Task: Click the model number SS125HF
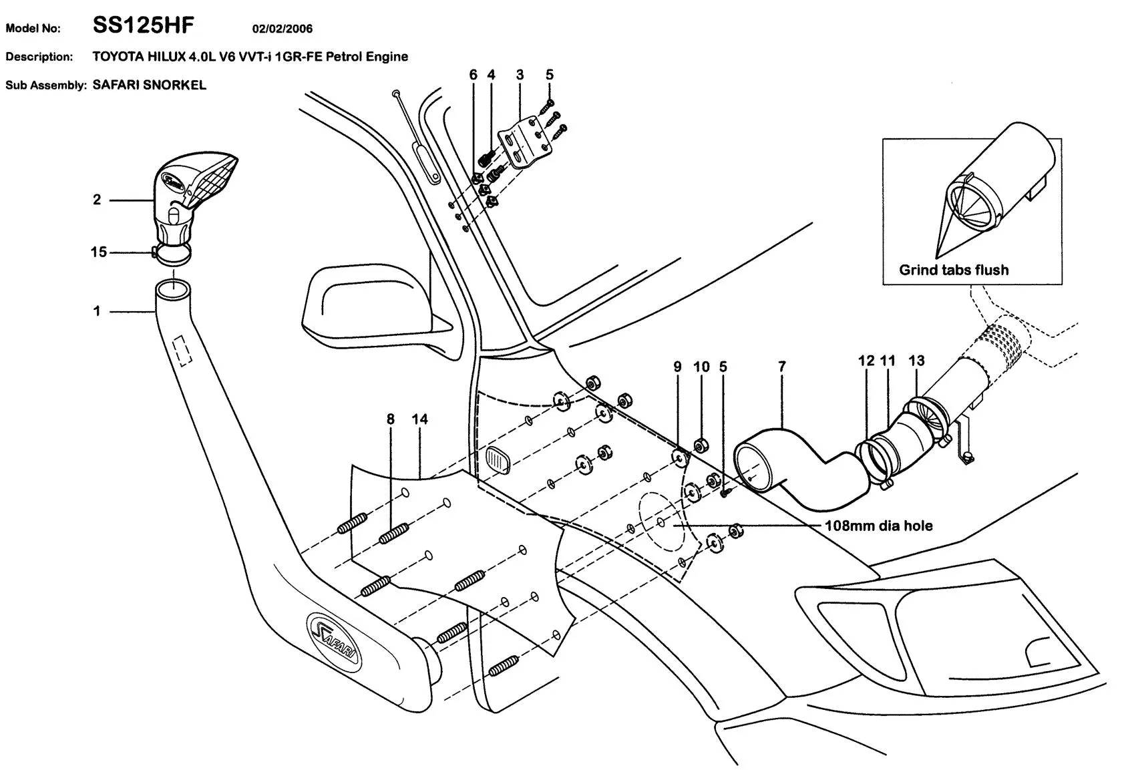pyautogui.click(x=143, y=26)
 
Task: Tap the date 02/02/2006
pyautogui.click(x=282, y=29)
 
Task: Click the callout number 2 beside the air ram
pyautogui.click(x=97, y=200)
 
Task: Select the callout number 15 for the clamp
pyautogui.click(x=98, y=252)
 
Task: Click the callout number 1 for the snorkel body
pyautogui.click(x=97, y=311)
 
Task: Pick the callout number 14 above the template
pyautogui.click(x=419, y=419)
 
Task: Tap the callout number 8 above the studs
pyautogui.click(x=391, y=419)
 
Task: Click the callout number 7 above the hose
pyautogui.click(x=782, y=367)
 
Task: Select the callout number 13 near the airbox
pyautogui.click(x=916, y=361)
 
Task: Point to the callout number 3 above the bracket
pyautogui.click(x=520, y=75)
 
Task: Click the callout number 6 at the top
pyautogui.click(x=474, y=75)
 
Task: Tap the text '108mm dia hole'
pyautogui.click(x=878, y=526)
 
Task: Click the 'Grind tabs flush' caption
pyautogui.click(x=954, y=270)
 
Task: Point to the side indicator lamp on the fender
pyautogui.click(x=497, y=460)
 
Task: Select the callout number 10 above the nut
pyautogui.click(x=701, y=367)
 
